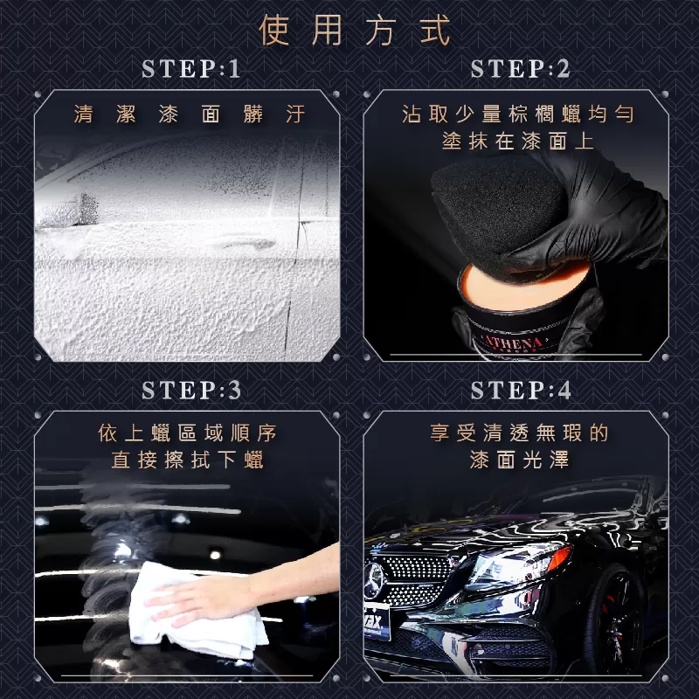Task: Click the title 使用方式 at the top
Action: [x=355, y=31]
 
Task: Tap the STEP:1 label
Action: [x=191, y=69]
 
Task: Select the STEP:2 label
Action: [x=520, y=69]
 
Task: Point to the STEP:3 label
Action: [x=191, y=390]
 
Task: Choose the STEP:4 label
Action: [x=521, y=390]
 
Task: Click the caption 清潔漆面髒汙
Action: [x=190, y=114]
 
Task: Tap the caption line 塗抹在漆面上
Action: [x=517, y=142]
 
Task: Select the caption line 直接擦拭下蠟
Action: [x=187, y=460]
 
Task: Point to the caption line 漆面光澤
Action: [x=519, y=460]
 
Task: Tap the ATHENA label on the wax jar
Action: [x=514, y=342]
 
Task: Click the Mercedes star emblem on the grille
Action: [x=374, y=580]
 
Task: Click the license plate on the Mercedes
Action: [x=376, y=620]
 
